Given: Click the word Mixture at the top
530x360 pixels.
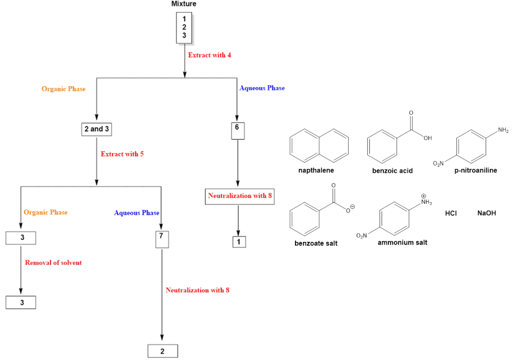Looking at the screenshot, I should pyautogui.click(x=184, y=4).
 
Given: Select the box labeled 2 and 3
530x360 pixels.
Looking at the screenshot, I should pyautogui.click(x=97, y=129).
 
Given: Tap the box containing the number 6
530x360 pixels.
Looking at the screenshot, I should pyautogui.click(x=238, y=130).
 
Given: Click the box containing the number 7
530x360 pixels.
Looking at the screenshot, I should pyautogui.click(x=161, y=239).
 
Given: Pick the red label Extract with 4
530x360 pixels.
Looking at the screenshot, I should pyautogui.click(x=209, y=55).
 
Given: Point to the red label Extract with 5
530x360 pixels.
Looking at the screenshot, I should pyautogui.click(x=122, y=154).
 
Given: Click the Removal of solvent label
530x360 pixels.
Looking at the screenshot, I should pyautogui.click(x=53, y=263).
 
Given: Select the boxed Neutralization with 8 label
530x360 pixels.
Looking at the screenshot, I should pyautogui.click(x=240, y=196).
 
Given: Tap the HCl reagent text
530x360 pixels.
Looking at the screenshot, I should pyautogui.click(x=451, y=213).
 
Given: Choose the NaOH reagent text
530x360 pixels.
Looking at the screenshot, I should pyautogui.click(x=486, y=213).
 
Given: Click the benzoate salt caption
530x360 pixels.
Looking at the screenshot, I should pyautogui.click(x=316, y=244).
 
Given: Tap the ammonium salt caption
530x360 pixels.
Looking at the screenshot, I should pyautogui.click(x=402, y=243).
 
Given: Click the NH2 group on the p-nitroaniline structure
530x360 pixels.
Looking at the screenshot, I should pyautogui.click(x=503, y=131).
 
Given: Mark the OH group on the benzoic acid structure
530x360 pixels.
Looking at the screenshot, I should pyautogui.click(x=428, y=138).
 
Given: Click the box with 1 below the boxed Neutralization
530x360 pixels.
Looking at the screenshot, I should pyautogui.click(x=240, y=242).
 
